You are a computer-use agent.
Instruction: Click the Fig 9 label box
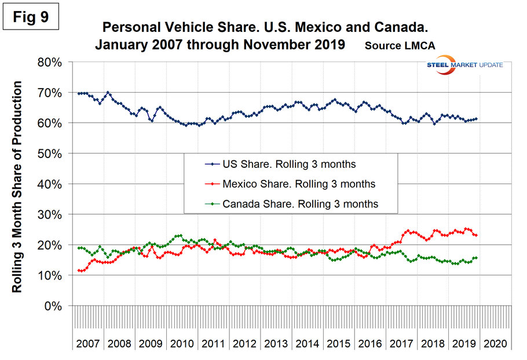[36, 17]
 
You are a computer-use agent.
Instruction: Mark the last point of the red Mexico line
[476, 235]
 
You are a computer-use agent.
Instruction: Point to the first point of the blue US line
[78, 93]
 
